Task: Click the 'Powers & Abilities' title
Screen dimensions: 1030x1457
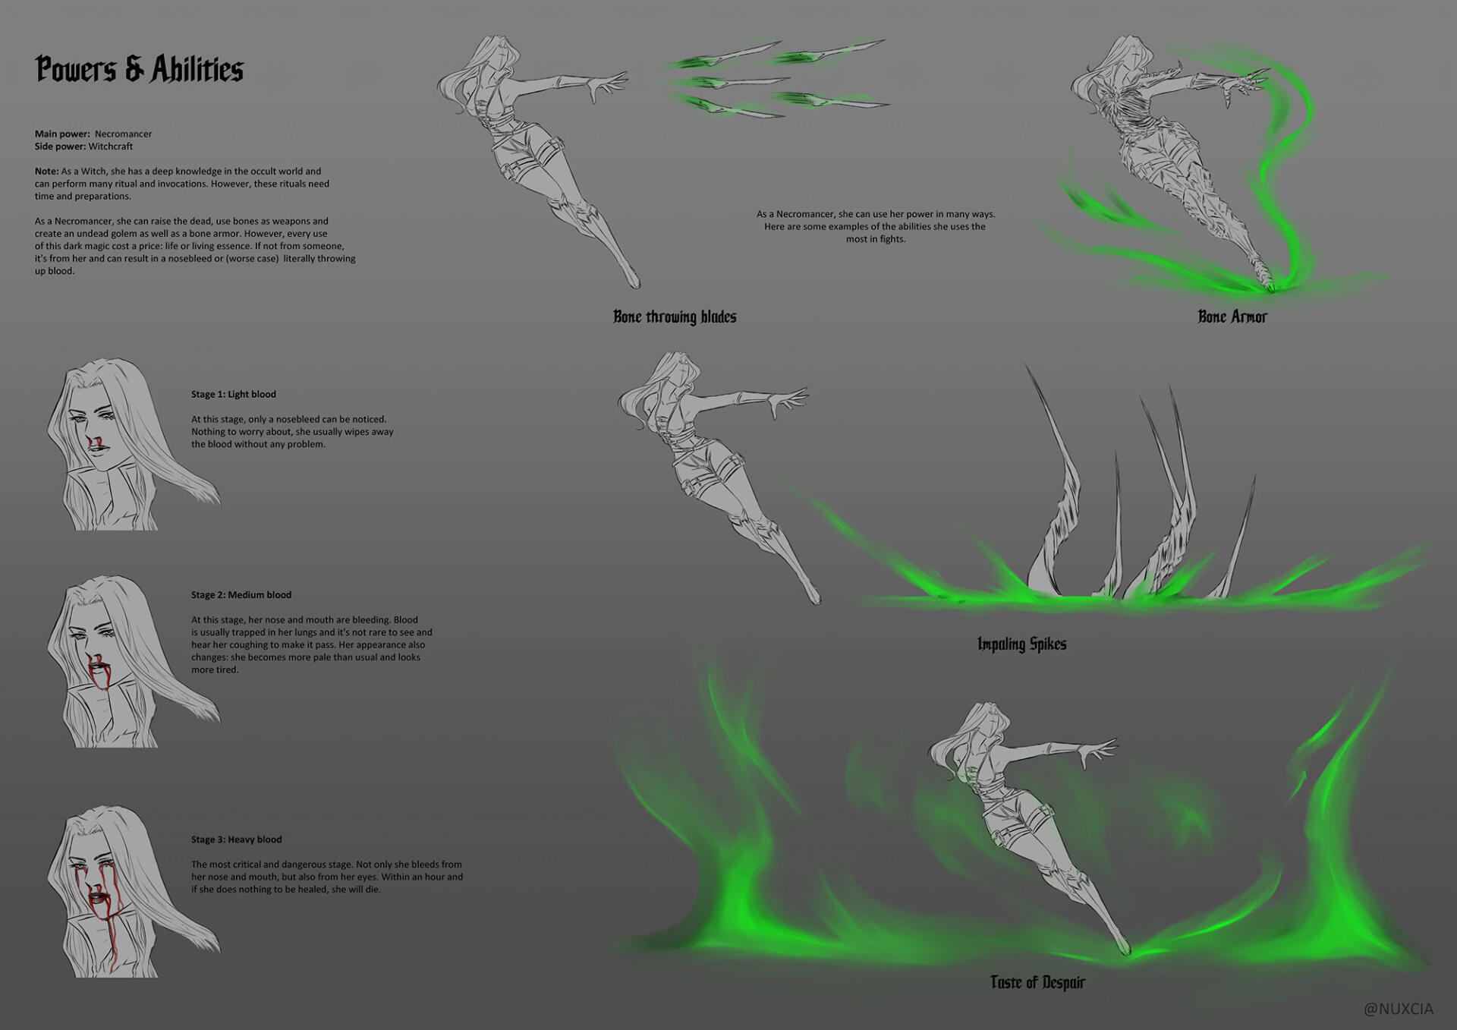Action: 139,69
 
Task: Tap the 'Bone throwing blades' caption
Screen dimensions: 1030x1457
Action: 675,317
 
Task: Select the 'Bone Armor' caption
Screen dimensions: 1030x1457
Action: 1232,317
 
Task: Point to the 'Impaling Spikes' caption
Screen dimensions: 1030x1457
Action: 1021,644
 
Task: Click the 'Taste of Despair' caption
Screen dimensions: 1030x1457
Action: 1037,982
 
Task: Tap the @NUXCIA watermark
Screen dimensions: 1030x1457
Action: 1398,1009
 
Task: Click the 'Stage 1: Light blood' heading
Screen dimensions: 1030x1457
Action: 234,394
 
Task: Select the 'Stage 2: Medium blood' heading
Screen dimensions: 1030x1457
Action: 241,594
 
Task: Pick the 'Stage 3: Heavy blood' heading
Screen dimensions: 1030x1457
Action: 236,839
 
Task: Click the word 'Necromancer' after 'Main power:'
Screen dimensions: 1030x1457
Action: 123,134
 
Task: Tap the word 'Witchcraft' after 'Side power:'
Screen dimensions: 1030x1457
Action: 110,146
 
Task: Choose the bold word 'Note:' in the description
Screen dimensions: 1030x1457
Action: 46,172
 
